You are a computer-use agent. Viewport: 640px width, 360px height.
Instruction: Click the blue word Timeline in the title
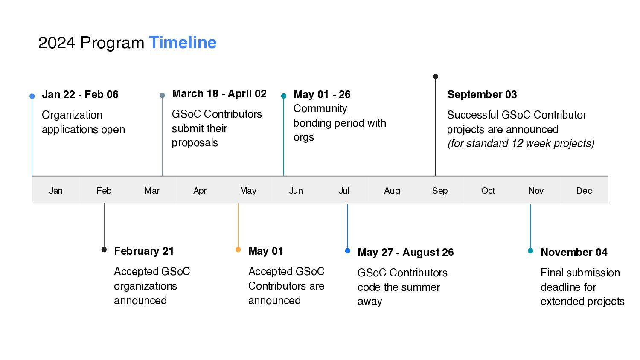(183, 43)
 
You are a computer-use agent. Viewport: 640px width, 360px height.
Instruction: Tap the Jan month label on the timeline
(56, 191)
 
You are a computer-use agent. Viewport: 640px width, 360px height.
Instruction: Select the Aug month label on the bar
(392, 191)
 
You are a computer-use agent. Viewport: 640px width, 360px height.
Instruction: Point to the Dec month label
(584, 191)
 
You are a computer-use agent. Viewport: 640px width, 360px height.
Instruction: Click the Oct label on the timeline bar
(488, 191)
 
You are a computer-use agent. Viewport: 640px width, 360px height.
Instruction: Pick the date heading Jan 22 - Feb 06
(80, 95)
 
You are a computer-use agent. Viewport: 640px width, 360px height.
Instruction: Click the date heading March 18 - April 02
(219, 94)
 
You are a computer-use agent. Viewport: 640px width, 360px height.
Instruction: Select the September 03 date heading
(482, 95)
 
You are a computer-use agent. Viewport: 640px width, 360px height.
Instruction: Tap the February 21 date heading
(144, 251)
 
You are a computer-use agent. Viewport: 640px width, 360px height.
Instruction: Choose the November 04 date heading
(574, 252)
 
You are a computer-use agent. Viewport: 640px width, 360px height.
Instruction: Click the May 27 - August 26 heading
(406, 252)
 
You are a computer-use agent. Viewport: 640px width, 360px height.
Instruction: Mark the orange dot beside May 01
(238, 250)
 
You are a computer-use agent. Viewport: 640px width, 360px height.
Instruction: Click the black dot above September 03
(436, 77)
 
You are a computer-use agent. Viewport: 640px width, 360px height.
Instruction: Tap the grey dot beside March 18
(162, 96)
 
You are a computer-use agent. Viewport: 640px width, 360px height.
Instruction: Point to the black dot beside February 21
(104, 250)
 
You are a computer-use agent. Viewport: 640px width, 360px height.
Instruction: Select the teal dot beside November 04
(530, 251)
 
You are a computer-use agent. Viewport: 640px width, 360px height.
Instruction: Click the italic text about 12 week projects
(521, 143)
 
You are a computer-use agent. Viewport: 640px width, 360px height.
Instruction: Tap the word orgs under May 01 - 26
(303, 138)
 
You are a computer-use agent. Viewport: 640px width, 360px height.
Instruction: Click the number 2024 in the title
(57, 43)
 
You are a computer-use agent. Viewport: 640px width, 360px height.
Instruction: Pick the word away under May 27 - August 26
(370, 302)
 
